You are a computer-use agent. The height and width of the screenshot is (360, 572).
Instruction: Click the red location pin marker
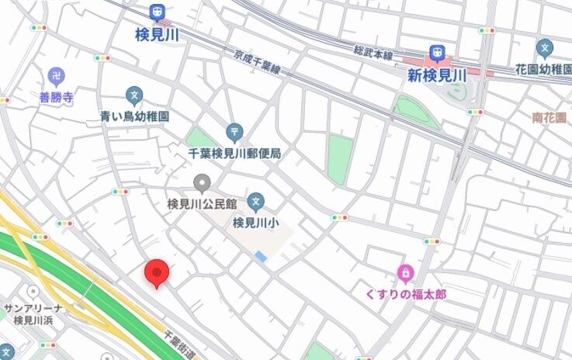(158, 273)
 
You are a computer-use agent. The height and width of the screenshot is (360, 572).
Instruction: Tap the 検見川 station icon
(158, 14)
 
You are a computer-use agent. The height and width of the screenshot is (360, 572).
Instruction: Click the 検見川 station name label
(158, 35)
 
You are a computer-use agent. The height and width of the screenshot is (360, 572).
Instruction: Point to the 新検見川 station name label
(436, 75)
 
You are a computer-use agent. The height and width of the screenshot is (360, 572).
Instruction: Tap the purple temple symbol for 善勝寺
(55, 76)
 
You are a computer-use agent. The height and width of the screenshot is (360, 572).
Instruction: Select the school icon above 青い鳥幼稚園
(135, 96)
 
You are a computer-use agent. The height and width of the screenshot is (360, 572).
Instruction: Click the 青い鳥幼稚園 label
(135, 116)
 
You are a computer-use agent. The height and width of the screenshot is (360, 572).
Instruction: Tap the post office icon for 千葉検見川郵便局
(234, 133)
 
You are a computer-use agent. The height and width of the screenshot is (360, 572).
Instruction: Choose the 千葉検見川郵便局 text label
(234, 153)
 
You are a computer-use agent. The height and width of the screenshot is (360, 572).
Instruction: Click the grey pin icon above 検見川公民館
(203, 184)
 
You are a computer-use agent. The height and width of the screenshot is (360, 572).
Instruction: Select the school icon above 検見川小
(256, 203)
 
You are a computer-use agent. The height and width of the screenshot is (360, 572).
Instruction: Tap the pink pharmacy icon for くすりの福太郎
(404, 273)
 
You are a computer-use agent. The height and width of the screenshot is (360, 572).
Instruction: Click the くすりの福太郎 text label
(405, 294)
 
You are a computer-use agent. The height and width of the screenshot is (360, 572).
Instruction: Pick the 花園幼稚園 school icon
(545, 49)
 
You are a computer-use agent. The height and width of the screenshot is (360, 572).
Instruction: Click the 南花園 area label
(549, 117)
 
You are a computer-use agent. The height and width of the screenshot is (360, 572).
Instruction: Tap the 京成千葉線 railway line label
(257, 63)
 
